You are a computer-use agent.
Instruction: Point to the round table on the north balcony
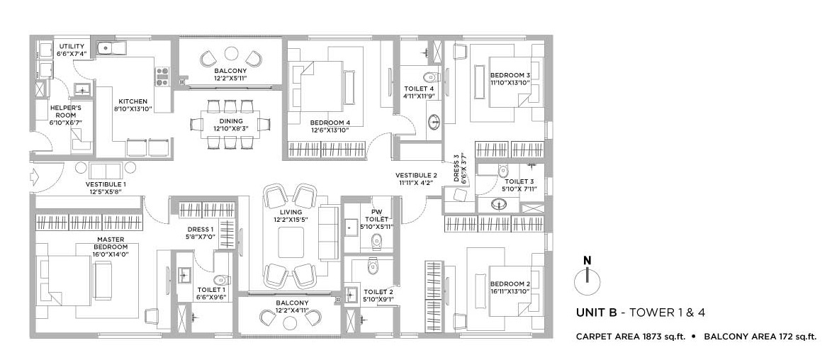pyautogui.click(x=231, y=54)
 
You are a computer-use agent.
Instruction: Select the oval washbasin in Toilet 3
pyautogui.click(x=498, y=204)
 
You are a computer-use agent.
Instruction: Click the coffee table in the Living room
pyautogui.click(x=291, y=242)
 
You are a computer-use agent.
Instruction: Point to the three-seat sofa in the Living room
pyautogui.click(x=328, y=232)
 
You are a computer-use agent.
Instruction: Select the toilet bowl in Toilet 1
pyautogui.click(x=221, y=280)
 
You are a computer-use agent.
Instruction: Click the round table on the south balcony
pyautogui.click(x=290, y=322)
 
